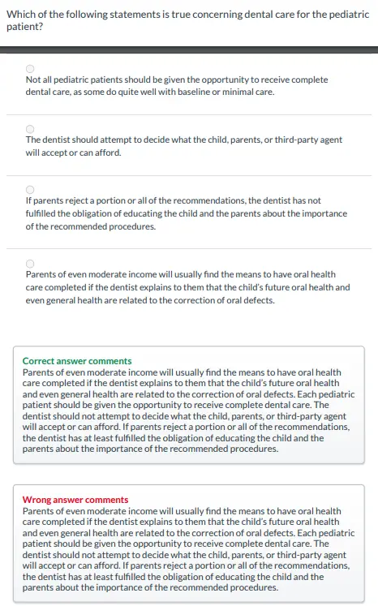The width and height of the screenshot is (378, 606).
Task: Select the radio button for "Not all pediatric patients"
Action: click(x=30, y=69)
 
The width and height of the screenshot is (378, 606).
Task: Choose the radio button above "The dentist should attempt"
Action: click(x=30, y=128)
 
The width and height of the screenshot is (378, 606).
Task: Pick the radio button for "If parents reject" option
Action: click(x=30, y=189)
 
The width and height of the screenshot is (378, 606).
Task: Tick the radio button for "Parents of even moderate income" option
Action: click(x=30, y=263)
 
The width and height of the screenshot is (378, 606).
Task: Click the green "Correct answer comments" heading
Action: click(x=77, y=361)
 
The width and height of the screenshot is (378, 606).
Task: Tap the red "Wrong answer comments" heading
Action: click(x=75, y=500)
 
